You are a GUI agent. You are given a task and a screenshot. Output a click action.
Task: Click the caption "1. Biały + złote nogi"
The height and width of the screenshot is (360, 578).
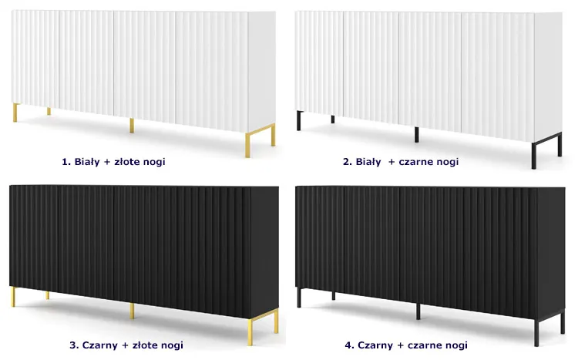tap(113, 162)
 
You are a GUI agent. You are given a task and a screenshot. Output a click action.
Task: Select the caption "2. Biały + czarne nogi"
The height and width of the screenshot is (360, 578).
tap(401, 162)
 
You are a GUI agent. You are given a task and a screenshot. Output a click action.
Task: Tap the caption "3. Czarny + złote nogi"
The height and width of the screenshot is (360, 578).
tap(126, 345)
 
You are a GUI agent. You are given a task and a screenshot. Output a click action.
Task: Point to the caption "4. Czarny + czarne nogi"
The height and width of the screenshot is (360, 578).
tap(406, 345)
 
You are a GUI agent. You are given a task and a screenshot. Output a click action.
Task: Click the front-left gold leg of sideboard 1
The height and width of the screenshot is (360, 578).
tap(15, 113)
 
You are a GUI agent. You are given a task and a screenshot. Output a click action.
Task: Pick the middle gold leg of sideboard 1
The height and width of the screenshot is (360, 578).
tap(132, 126)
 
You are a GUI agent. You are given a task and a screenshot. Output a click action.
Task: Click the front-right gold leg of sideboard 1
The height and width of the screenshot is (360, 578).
tap(247, 146)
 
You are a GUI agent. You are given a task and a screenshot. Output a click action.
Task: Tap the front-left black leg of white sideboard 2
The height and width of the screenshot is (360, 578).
tap(299, 120)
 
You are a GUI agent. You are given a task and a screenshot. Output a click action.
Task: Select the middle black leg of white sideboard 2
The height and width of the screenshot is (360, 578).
tap(416, 135)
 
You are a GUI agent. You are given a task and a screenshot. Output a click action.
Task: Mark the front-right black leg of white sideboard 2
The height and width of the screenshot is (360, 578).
tap(534, 155)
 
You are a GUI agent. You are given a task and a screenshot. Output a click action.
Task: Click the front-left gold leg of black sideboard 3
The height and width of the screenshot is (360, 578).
tap(13, 297)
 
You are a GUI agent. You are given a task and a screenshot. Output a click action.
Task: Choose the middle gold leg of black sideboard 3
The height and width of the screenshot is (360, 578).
tap(132, 311)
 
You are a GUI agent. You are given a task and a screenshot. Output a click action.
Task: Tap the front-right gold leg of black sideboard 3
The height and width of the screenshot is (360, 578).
tap(250, 332)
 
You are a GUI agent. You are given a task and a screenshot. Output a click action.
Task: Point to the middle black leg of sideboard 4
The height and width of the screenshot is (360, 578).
tap(418, 311)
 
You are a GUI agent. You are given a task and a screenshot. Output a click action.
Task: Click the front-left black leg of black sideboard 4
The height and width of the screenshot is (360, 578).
tap(299, 298)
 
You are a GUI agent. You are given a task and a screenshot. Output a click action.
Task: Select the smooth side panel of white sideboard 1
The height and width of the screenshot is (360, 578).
tap(262, 71)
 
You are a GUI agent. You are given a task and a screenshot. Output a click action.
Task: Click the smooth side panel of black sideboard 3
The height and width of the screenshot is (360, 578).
tap(264, 251)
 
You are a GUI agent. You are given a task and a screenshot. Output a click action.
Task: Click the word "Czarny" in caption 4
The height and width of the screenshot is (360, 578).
tap(375, 345)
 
